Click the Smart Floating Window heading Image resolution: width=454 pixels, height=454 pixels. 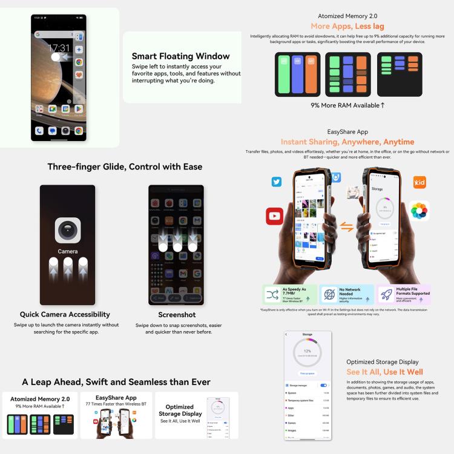tap(180, 56)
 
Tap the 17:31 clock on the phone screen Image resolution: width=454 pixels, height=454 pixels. tap(59, 48)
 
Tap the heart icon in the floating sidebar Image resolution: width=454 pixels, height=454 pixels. tap(79, 75)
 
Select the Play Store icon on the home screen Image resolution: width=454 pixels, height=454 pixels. tap(79, 109)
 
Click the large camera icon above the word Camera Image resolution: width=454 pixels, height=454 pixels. tap(68, 231)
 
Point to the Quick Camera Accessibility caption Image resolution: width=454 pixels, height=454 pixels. tap(65, 314)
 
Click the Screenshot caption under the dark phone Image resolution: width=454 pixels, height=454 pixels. tap(176, 315)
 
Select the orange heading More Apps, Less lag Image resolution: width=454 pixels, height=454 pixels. tap(347, 26)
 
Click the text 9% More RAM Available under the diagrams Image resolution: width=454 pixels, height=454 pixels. tap(347, 105)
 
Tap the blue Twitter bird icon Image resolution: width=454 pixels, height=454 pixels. tap(277, 182)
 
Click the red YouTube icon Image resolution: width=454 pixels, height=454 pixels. tap(275, 215)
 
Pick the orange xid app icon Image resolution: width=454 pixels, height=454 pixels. tap(419, 182)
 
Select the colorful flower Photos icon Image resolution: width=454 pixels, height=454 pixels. tap(419, 211)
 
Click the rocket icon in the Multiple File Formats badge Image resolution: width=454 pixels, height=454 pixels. tap(386, 294)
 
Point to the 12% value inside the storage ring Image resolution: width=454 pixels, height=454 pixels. tap(307, 350)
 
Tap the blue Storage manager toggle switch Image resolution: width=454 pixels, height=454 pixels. tap(324, 385)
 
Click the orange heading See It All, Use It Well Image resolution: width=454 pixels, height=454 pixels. tap(384, 372)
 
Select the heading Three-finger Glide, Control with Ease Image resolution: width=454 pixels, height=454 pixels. tap(125, 166)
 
